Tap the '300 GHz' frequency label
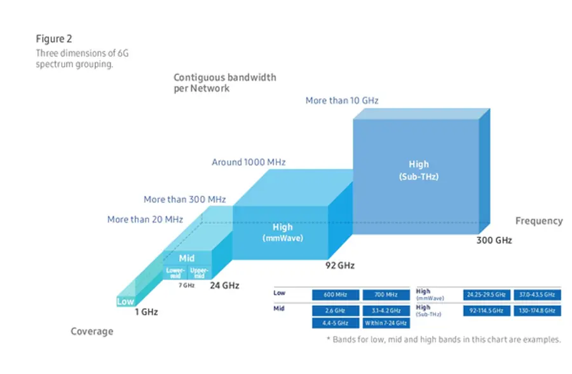(x=494, y=240)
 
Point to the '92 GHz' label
(x=341, y=265)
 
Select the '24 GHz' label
(x=225, y=286)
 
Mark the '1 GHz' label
(x=146, y=312)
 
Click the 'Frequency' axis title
(x=538, y=221)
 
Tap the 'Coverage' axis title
(x=92, y=331)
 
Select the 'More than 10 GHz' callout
(x=342, y=100)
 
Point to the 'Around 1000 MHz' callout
(x=249, y=162)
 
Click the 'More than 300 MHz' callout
(x=184, y=199)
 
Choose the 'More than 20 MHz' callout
(x=145, y=219)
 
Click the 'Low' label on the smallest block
(x=125, y=302)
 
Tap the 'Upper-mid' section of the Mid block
(x=198, y=273)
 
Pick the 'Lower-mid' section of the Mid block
(x=175, y=273)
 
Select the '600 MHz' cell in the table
(x=335, y=295)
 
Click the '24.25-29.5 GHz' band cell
(x=486, y=295)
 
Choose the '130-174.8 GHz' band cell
(x=537, y=310)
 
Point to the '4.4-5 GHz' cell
(x=335, y=324)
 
